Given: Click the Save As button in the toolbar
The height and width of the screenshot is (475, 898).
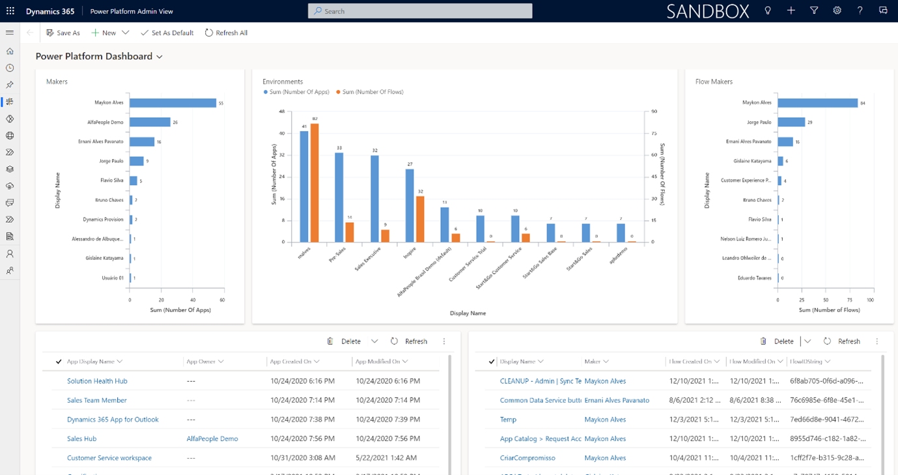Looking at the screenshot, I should tap(63, 33).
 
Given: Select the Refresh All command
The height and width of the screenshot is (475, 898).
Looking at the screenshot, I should tap(226, 33).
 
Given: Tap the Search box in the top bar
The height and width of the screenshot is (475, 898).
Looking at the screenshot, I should tap(420, 11).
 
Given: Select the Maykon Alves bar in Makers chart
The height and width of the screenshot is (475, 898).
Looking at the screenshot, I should tap(173, 103).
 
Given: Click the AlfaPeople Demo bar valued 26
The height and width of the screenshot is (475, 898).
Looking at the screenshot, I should tap(150, 122).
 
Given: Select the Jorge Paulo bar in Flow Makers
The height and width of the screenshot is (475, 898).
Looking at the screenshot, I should tap(791, 122).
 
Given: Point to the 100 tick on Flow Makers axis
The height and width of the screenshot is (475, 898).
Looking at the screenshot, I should tap(871, 300).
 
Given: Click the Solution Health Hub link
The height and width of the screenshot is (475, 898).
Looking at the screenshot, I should tap(97, 381).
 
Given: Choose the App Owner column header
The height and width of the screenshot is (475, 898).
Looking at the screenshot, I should tap(201, 362).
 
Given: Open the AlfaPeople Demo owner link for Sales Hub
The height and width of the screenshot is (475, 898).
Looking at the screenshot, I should tap(212, 439).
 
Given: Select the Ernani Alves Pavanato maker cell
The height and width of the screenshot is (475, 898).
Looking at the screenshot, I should tap(617, 400).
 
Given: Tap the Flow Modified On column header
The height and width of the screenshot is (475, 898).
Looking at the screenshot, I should tap(752, 362).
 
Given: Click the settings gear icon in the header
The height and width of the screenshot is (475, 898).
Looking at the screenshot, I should tap(837, 11).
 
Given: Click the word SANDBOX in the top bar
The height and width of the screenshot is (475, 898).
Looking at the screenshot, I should tap(708, 11).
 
